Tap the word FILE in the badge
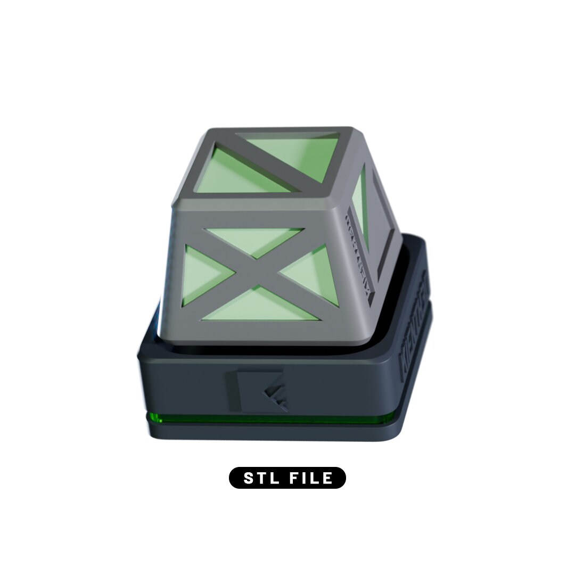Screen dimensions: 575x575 click(x=311, y=478)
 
